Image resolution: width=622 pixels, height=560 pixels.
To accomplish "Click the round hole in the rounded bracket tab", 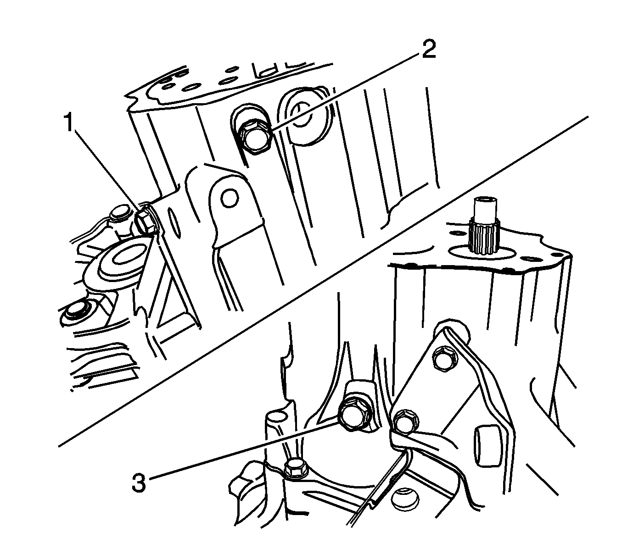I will click(x=228, y=199).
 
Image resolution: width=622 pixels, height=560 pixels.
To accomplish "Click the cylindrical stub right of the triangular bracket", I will click(x=488, y=444).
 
